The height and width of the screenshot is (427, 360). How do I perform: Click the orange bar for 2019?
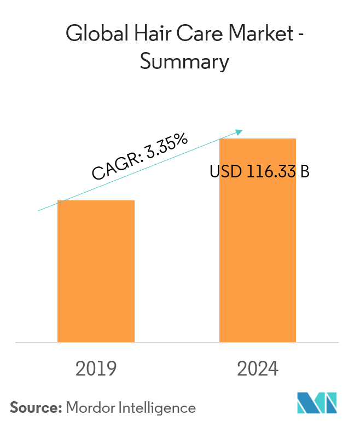96,271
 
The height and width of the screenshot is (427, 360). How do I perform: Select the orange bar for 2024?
258,241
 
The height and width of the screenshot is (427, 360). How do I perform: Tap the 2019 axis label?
96,370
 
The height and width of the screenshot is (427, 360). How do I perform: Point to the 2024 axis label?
258,370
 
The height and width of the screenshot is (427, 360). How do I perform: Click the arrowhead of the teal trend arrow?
239,131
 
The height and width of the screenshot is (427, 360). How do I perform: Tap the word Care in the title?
191,35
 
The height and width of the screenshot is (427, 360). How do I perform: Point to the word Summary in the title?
184,62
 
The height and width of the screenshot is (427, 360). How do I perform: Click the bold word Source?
34,408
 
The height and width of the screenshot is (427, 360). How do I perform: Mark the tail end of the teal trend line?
38,210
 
